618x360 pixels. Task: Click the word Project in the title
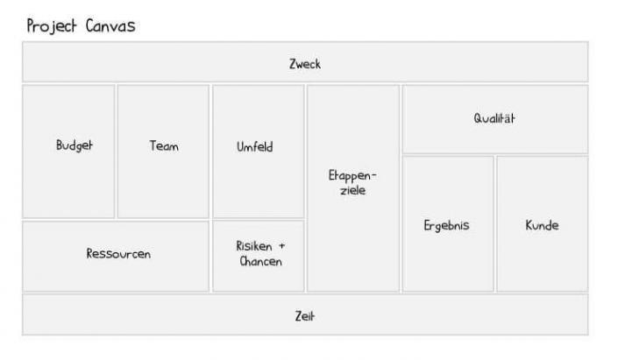(x=53, y=26)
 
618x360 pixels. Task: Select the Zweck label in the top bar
(x=305, y=64)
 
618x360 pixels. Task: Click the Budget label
(x=74, y=146)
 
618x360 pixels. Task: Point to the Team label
(x=164, y=146)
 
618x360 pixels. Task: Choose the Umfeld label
(x=254, y=146)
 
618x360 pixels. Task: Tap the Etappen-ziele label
(x=352, y=182)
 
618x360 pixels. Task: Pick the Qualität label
(x=494, y=119)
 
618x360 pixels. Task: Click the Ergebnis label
(x=446, y=225)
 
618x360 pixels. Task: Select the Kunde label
(x=542, y=225)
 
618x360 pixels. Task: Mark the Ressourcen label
(x=118, y=254)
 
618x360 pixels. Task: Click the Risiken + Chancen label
(x=260, y=254)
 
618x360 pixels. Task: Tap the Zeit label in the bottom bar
(x=304, y=316)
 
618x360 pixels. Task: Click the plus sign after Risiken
(x=281, y=246)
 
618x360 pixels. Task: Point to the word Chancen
(x=260, y=262)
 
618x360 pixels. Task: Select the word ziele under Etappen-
(x=352, y=190)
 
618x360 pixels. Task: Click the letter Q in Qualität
(x=479, y=119)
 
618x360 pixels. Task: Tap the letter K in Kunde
(x=529, y=225)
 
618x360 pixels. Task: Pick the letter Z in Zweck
(x=293, y=64)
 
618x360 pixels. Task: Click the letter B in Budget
(x=60, y=146)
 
